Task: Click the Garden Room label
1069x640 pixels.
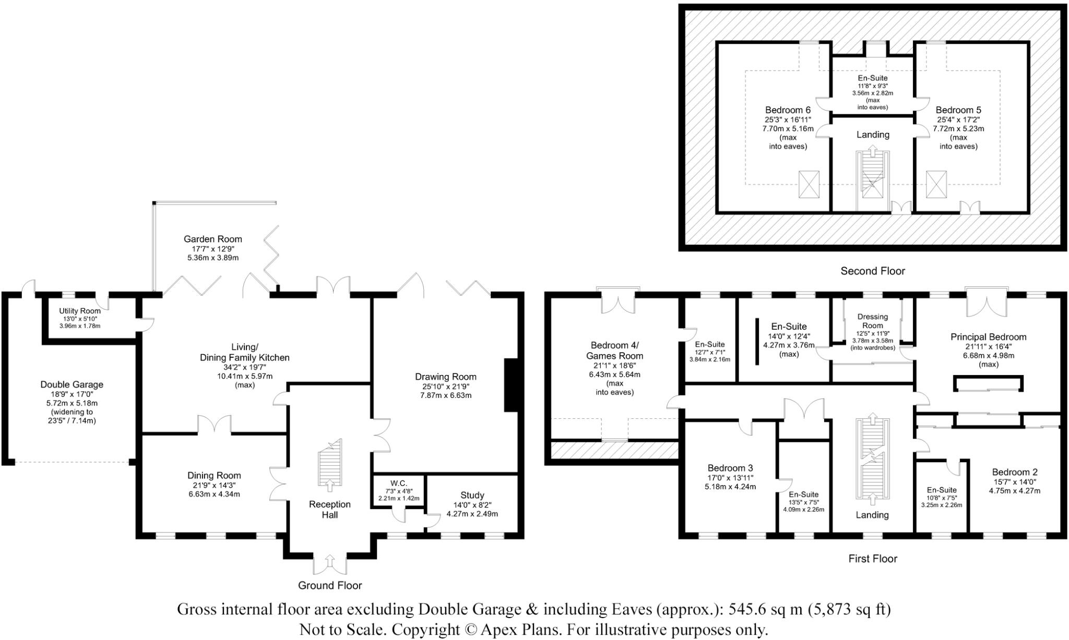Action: (x=212, y=239)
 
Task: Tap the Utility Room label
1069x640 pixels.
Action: (x=80, y=311)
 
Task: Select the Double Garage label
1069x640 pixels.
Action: (x=72, y=384)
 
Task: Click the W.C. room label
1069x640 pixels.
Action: (x=398, y=484)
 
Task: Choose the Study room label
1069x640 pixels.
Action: (x=472, y=495)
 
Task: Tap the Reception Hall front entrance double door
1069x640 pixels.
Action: (x=330, y=564)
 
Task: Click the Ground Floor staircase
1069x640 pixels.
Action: (x=329, y=464)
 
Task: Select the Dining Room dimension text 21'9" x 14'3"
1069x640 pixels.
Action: (x=214, y=485)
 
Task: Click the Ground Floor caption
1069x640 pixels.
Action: (x=330, y=585)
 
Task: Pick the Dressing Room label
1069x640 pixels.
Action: (x=872, y=321)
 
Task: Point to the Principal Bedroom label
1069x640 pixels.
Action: (x=988, y=337)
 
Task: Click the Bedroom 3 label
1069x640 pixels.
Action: (x=730, y=468)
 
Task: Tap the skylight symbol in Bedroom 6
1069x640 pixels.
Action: (x=809, y=185)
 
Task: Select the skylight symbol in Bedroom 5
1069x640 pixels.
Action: (x=936, y=185)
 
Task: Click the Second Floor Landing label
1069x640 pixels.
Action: (x=873, y=135)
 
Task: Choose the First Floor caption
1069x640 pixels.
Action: (x=872, y=559)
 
